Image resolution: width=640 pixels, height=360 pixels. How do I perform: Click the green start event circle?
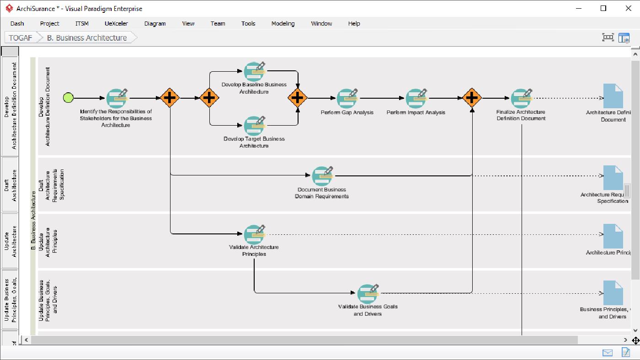point(68,98)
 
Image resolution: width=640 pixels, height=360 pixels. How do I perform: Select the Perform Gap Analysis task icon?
point(347,98)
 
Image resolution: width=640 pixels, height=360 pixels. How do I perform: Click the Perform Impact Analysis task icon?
point(416,98)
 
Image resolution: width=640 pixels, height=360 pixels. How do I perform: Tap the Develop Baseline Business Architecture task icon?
point(254,71)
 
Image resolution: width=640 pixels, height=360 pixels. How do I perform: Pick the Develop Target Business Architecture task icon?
point(254,126)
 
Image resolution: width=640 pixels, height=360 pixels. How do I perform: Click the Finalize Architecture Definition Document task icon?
point(521,98)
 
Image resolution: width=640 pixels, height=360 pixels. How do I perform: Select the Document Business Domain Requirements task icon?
point(322,176)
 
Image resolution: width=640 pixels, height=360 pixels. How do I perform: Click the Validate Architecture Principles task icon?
point(254,234)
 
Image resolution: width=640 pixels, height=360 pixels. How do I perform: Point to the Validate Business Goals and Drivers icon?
point(368,293)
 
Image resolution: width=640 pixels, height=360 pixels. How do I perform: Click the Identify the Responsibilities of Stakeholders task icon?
point(116,98)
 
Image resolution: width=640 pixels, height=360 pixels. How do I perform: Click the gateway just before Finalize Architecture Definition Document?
point(472,98)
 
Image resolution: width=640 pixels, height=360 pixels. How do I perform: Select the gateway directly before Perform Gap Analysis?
point(298,98)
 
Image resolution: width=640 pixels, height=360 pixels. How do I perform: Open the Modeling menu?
point(283,23)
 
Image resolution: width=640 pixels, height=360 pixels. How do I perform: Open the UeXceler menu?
point(116,23)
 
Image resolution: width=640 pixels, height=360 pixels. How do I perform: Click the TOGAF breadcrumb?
point(21,38)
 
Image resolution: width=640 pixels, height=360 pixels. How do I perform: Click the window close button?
point(628,8)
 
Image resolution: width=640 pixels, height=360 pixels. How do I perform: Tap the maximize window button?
point(603,8)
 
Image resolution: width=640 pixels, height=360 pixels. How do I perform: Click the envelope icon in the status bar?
point(607,352)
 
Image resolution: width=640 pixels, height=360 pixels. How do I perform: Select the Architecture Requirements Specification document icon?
point(613,178)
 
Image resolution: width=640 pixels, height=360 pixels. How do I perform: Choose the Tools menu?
point(248,23)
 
